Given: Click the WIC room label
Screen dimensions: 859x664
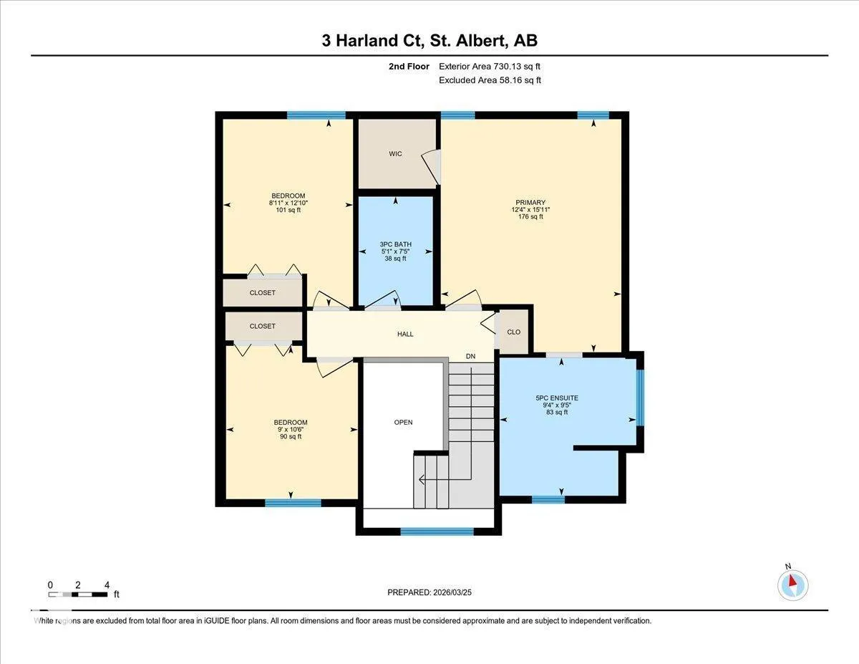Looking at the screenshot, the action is click(395, 154).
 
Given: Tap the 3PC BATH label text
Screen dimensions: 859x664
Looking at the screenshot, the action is click(395, 244).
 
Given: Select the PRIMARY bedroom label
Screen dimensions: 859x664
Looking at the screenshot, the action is click(530, 203).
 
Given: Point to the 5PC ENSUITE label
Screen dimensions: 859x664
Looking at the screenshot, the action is click(557, 398).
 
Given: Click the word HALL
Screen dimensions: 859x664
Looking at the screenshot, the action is click(405, 335).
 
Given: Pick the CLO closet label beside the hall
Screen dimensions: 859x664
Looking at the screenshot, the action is click(513, 332).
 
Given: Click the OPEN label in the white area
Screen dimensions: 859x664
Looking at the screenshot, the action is click(403, 423).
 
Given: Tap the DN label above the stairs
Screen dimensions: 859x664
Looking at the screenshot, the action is click(470, 356).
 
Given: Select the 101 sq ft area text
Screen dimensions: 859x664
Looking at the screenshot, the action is click(288, 210).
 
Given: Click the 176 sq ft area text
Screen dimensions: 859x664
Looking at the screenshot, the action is click(530, 217).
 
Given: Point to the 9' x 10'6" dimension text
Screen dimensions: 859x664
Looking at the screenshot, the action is click(291, 430).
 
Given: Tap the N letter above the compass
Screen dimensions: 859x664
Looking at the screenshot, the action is click(788, 567).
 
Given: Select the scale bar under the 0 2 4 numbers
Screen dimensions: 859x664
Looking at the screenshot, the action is click(78, 595).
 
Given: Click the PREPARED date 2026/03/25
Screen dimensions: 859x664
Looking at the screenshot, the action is click(452, 592).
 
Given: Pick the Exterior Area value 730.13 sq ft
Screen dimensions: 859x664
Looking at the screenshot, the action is click(517, 67).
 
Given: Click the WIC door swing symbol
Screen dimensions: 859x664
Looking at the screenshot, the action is click(431, 166).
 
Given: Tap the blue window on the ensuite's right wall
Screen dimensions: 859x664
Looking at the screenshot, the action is click(640, 398).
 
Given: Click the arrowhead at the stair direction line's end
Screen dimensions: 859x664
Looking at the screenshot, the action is click(422, 480).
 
